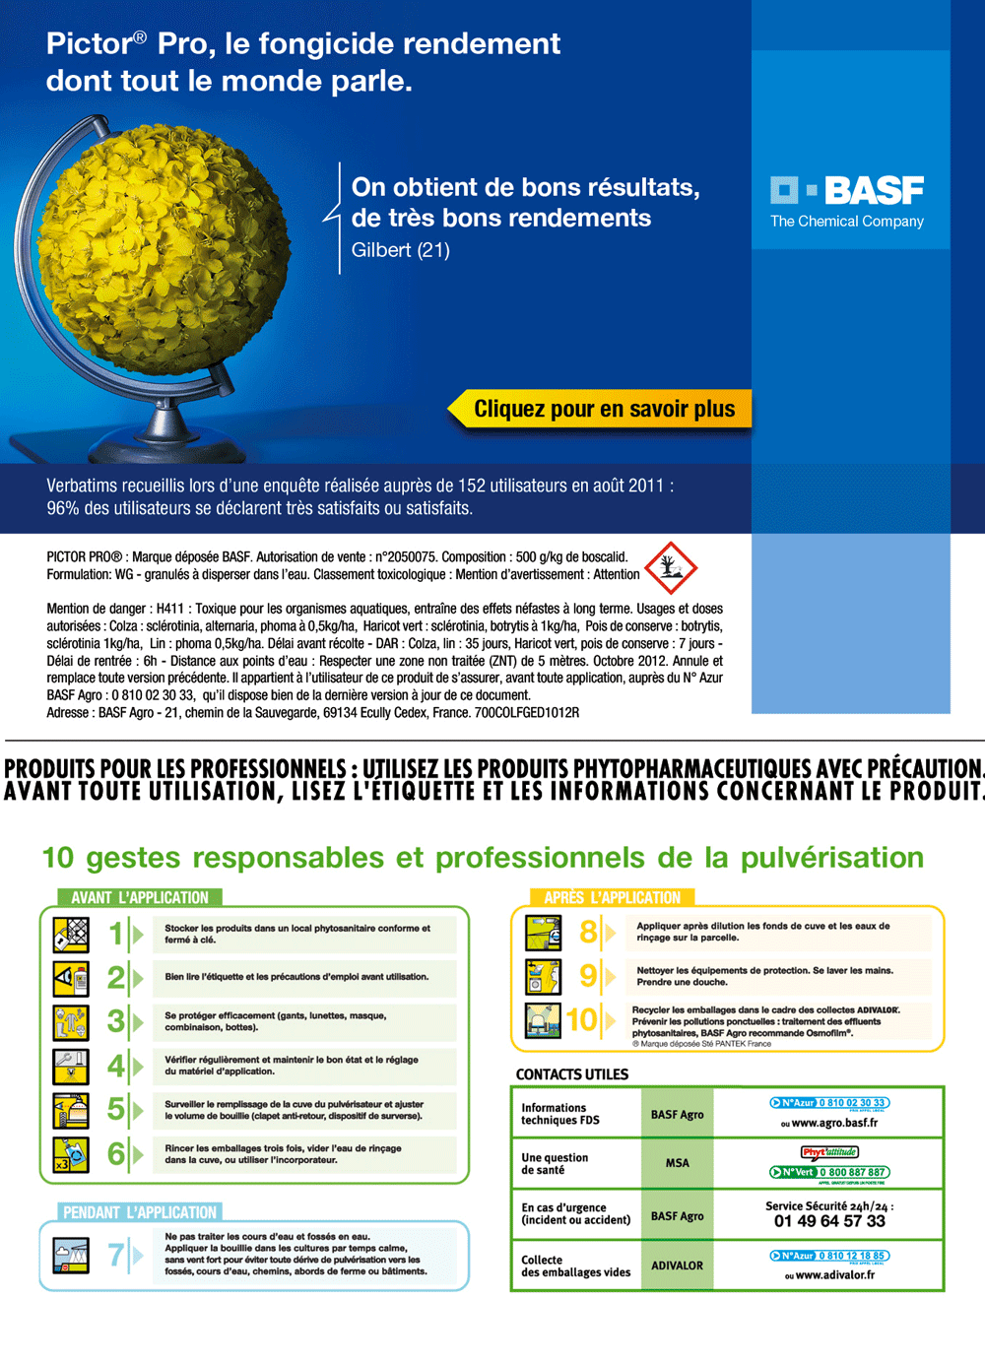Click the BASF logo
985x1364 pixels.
coord(847,191)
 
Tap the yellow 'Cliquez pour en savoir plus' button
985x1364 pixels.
coord(603,409)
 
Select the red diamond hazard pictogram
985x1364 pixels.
coord(671,567)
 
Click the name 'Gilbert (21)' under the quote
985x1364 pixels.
coord(401,250)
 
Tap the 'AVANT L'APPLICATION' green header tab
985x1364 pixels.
coord(139,897)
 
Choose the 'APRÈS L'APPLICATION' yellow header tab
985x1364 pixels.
coord(612,897)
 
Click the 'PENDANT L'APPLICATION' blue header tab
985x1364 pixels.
coord(139,1212)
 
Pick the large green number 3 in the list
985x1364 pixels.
coord(116,1021)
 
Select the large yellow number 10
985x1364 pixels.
coord(582,1019)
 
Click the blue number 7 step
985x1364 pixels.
coord(116,1255)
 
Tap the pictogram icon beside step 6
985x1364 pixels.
coord(71,1153)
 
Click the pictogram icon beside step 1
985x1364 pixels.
coord(71,934)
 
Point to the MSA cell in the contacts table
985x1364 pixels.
coord(677,1163)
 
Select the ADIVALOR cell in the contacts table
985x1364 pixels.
coord(677,1266)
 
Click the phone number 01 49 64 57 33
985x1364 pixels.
coord(829,1221)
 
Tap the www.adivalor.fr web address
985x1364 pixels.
coord(834,1274)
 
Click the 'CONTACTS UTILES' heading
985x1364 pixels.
coord(572,1074)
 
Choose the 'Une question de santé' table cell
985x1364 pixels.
coord(555,1164)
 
